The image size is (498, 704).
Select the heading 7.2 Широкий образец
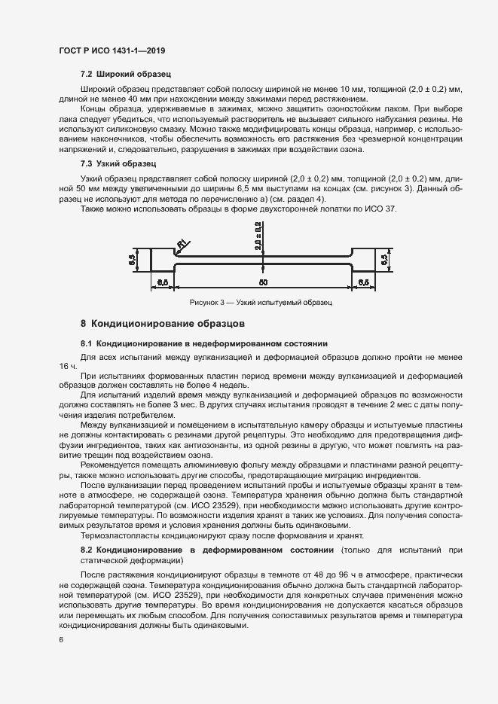point(125,75)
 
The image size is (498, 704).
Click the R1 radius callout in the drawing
point(181,242)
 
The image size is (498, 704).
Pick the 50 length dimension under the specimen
point(263,282)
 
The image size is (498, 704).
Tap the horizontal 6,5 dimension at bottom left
point(162,282)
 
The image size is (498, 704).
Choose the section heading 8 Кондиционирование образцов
point(163,325)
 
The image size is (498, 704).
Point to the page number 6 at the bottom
point(61,640)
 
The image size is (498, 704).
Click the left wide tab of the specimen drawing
point(162,261)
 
